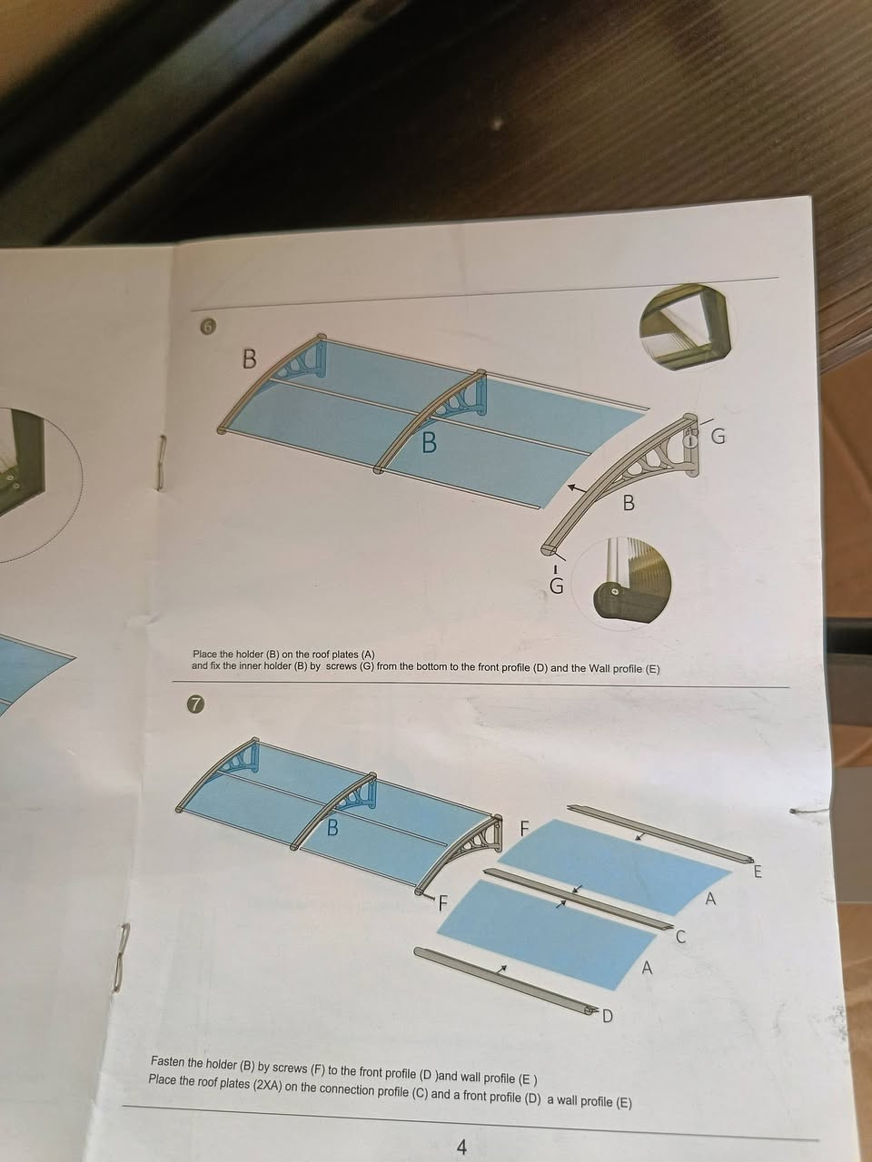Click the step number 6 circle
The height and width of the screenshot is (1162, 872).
pyautogui.click(x=208, y=328)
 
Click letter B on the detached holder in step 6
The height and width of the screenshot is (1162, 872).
pyautogui.click(x=629, y=502)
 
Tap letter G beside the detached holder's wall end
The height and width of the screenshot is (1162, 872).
pyautogui.click(x=718, y=436)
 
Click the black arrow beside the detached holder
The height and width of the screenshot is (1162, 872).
pyautogui.click(x=576, y=488)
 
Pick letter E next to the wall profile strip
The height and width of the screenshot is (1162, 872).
pyautogui.click(x=758, y=871)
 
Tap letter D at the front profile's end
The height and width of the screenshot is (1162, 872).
pyautogui.click(x=607, y=1016)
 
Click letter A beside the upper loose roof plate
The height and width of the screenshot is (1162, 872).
pyautogui.click(x=710, y=899)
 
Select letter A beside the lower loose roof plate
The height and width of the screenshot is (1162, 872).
pyautogui.click(x=647, y=969)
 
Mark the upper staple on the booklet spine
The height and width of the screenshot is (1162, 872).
pyautogui.click(x=163, y=462)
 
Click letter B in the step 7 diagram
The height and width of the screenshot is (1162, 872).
pyautogui.click(x=332, y=827)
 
